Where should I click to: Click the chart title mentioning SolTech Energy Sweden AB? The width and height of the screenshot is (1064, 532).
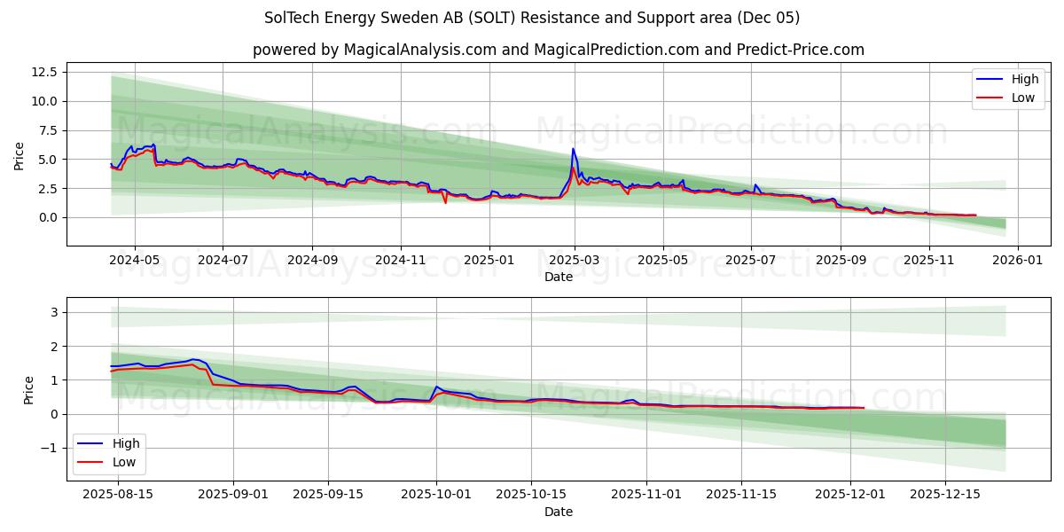coord(532,18)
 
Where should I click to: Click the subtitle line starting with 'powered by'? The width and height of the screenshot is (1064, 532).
coord(559,50)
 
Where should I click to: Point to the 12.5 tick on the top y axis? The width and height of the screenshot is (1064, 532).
coord(44,72)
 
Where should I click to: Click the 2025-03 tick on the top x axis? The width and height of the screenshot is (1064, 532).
coord(575,261)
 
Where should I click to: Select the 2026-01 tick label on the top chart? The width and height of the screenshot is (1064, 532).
coord(1017,261)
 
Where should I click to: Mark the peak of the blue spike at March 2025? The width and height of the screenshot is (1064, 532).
coord(573,149)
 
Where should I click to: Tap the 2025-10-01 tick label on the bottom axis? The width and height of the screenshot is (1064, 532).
coord(435,495)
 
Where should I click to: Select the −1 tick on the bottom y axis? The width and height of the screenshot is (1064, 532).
coord(52,448)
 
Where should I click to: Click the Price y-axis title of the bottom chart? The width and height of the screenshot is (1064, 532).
coord(29,390)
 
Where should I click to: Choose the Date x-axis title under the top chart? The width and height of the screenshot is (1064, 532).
coord(559,277)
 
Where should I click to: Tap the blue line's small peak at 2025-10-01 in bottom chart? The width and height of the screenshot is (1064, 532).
coord(436,387)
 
